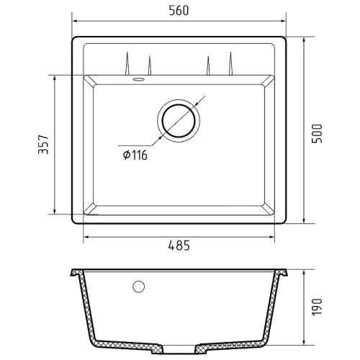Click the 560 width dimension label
tap(179, 11)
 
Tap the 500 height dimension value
tap(317, 134)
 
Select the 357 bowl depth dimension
tap(43, 144)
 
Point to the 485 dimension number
tap(179, 246)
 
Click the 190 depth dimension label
tap(317, 307)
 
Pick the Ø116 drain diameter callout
tap(135, 155)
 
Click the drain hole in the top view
tap(179, 121)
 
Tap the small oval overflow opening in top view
tap(138, 79)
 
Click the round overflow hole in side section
tap(138, 287)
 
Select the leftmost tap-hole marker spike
tap(127, 63)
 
